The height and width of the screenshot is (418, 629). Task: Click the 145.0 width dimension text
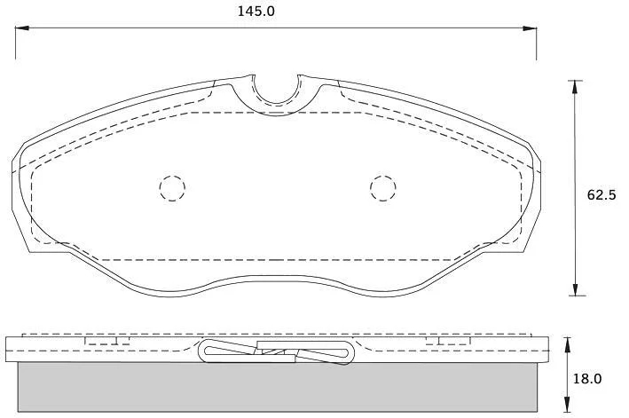coord(256,12)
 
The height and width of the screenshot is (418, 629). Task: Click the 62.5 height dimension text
coord(601,195)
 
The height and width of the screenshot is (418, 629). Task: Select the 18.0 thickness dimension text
coord(587,379)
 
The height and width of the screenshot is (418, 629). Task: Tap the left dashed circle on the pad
coord(172,188)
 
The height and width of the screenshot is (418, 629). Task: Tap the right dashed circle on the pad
coord(383,188)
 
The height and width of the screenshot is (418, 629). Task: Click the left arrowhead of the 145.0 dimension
coord(22,28)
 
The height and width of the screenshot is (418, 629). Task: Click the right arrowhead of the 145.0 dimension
coord(530,28)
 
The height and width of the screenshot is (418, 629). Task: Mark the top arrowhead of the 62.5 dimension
coord(575,87)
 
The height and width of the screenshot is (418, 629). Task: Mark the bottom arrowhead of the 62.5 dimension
coord(575,288)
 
